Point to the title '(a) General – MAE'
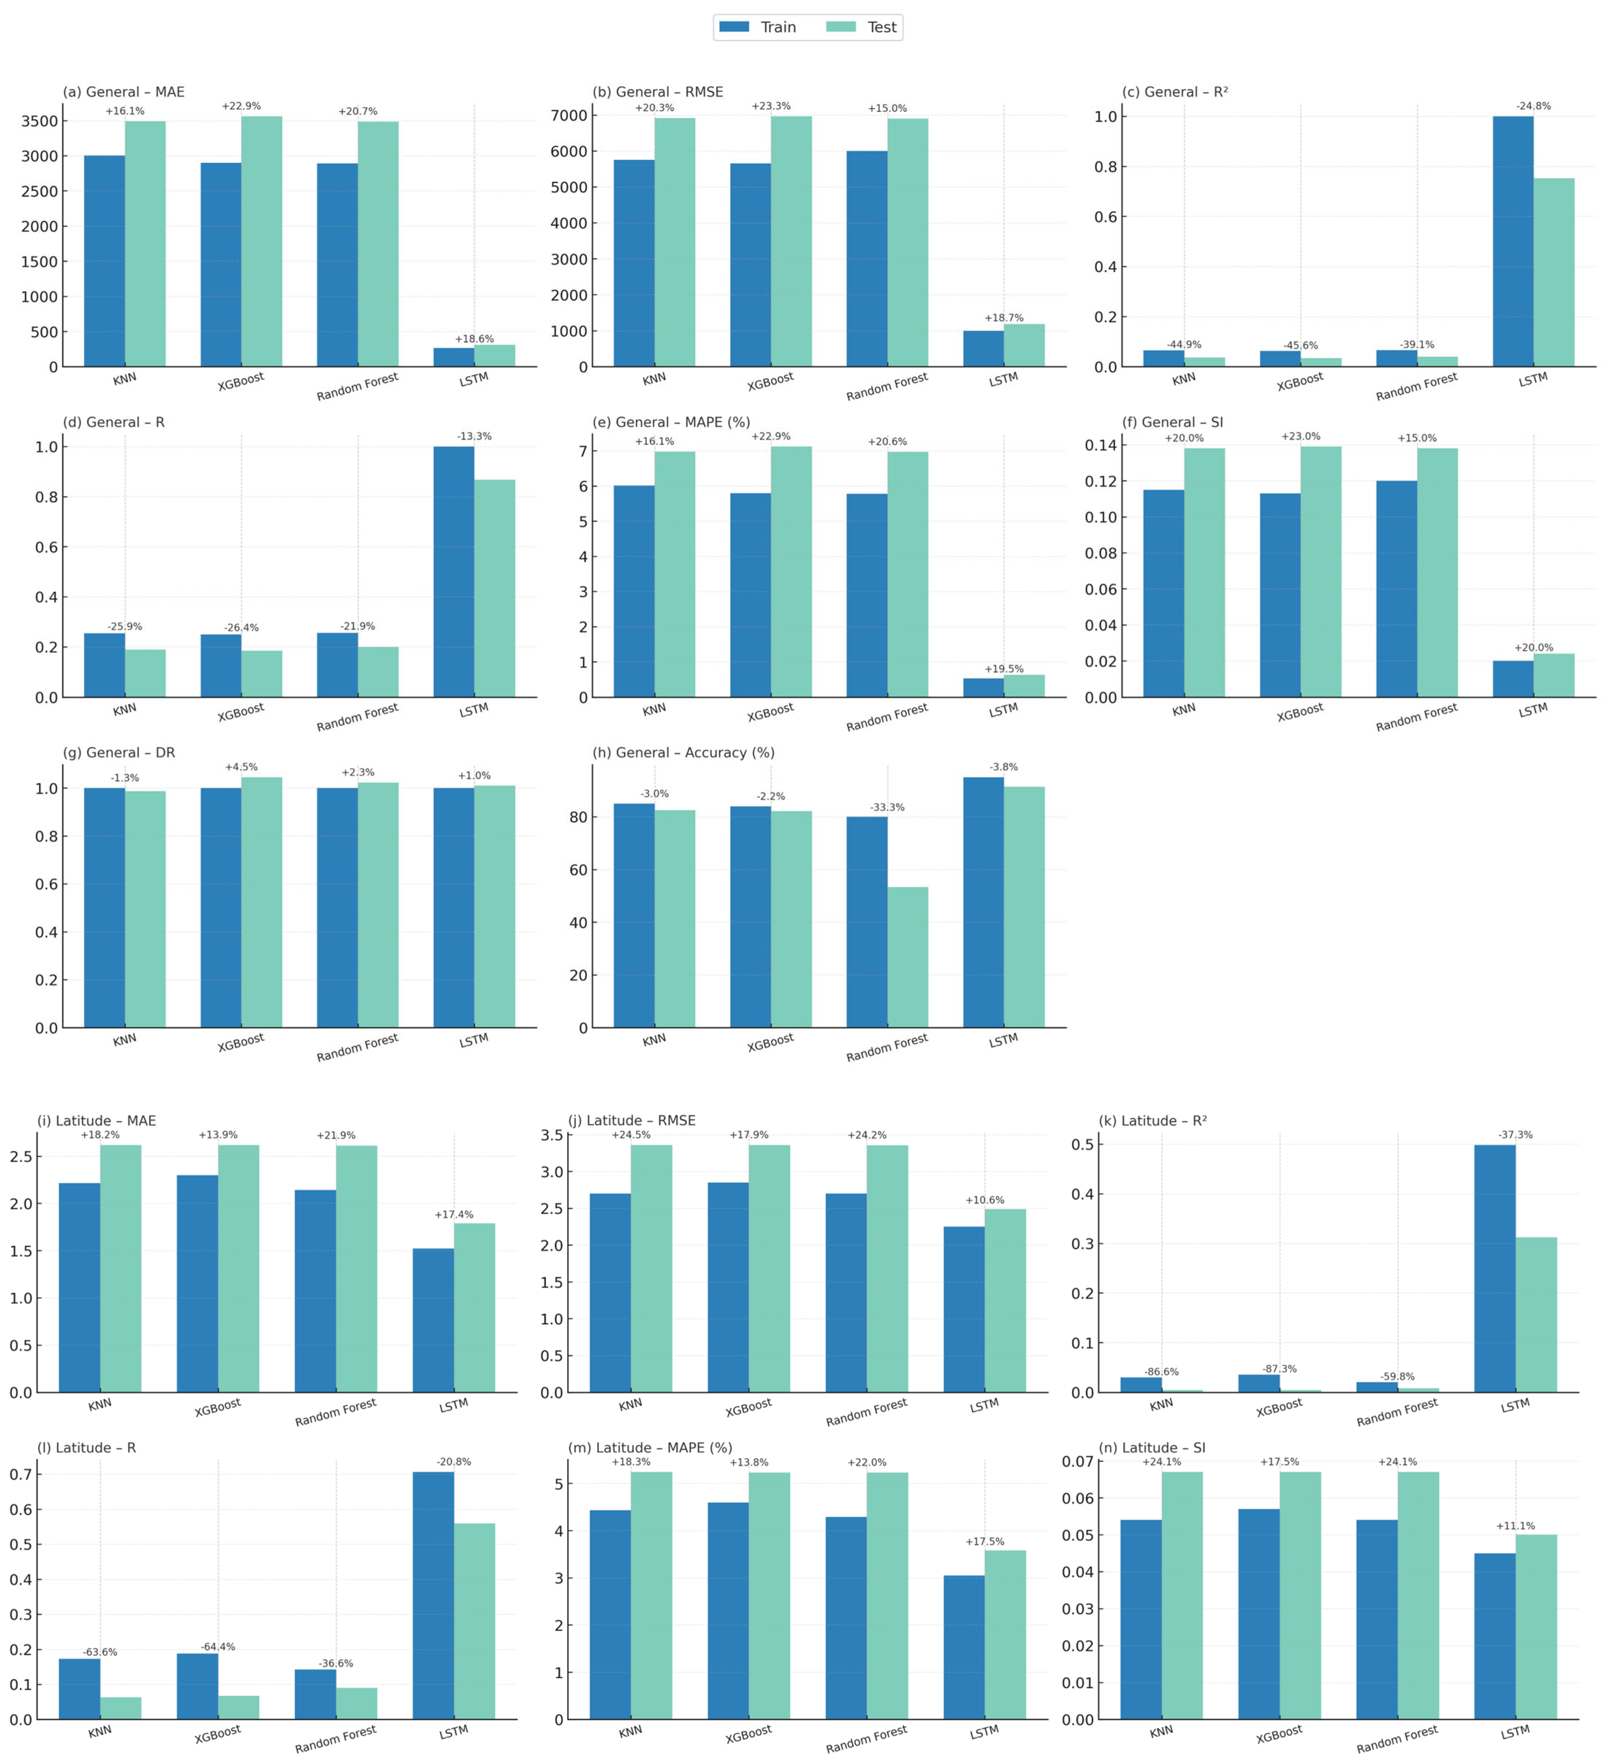pyautogui.click(x=123, y=92)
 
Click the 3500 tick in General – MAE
pyautogui.click(x=39, y=122)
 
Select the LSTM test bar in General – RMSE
pyautogui.click(x=1024, y=346)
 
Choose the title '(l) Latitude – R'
pyautogui.click(x=87, y=1448)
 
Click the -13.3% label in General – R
pyautogui.click(x=474, y=436)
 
